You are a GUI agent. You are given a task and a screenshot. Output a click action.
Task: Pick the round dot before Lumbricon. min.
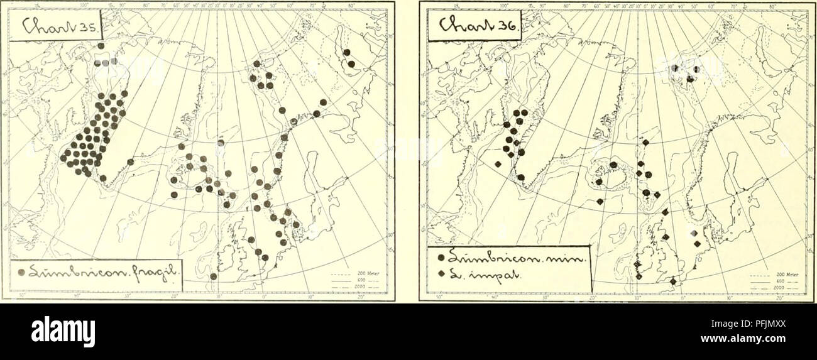[442, 258]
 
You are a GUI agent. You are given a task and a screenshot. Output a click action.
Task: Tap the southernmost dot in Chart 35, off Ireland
[213, 276]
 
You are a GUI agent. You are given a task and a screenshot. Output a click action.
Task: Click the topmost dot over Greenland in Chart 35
[101, 46]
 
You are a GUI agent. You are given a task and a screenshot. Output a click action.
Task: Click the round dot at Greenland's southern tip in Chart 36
[521, 178]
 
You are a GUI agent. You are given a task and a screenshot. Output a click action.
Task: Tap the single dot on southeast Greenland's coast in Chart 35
[130, 162]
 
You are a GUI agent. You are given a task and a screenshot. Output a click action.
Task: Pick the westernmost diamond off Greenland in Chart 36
[497, 164]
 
